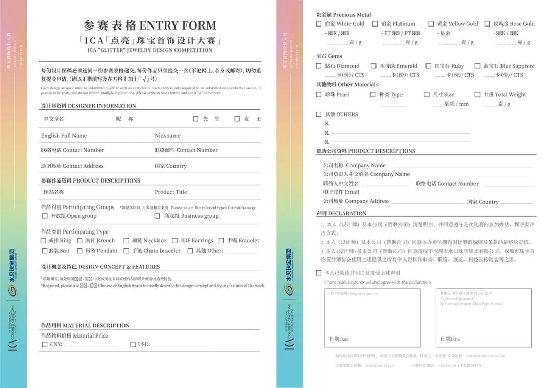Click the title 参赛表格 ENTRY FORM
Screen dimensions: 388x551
(150, 25)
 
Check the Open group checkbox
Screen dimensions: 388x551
(45, 216)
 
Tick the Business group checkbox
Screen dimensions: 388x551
(157, 216)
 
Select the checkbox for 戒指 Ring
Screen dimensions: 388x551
(44, 241)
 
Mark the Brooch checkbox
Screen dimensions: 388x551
(80, 241)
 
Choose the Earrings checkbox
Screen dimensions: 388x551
(174, 241)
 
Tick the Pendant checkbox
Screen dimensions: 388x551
(80, 251)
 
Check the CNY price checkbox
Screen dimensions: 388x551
(45, 344)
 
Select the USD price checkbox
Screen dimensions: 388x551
(133, 344)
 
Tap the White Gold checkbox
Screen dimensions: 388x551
(319, 24)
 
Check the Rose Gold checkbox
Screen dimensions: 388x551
(487, 24)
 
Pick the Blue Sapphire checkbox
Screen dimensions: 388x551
(478, 66)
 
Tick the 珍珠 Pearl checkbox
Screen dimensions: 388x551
(319, 94)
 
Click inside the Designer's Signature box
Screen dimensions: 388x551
(372, 318)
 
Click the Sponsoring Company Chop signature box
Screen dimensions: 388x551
(483, 318)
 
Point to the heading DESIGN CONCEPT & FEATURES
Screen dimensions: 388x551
(101, 267)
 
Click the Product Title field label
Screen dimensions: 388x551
(171, 192)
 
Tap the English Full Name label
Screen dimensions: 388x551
(64, 136)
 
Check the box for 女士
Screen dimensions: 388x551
(237, 119)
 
